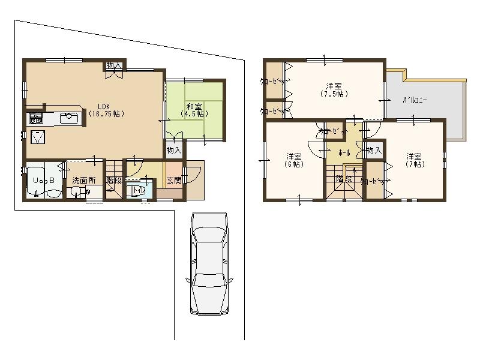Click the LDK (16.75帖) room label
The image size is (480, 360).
coord(106,109)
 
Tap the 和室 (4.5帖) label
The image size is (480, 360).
coord(194,110)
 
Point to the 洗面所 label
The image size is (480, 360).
coord(84,180)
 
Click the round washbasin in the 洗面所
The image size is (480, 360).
coord(76,192)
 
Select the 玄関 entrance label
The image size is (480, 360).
coord(174,180)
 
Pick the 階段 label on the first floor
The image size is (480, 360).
coord(113,180)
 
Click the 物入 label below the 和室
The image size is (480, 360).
coord(174,150)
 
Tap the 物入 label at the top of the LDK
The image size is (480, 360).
coord(114,65)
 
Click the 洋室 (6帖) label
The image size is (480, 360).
coord(294,160)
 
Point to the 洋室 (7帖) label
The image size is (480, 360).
coord(413,160)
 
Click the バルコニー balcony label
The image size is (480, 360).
coord(415,101)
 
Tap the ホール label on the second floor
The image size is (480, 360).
coord(344,153)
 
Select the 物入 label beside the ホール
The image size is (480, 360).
coord(373,150)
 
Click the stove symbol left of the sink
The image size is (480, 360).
coord(35,118)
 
